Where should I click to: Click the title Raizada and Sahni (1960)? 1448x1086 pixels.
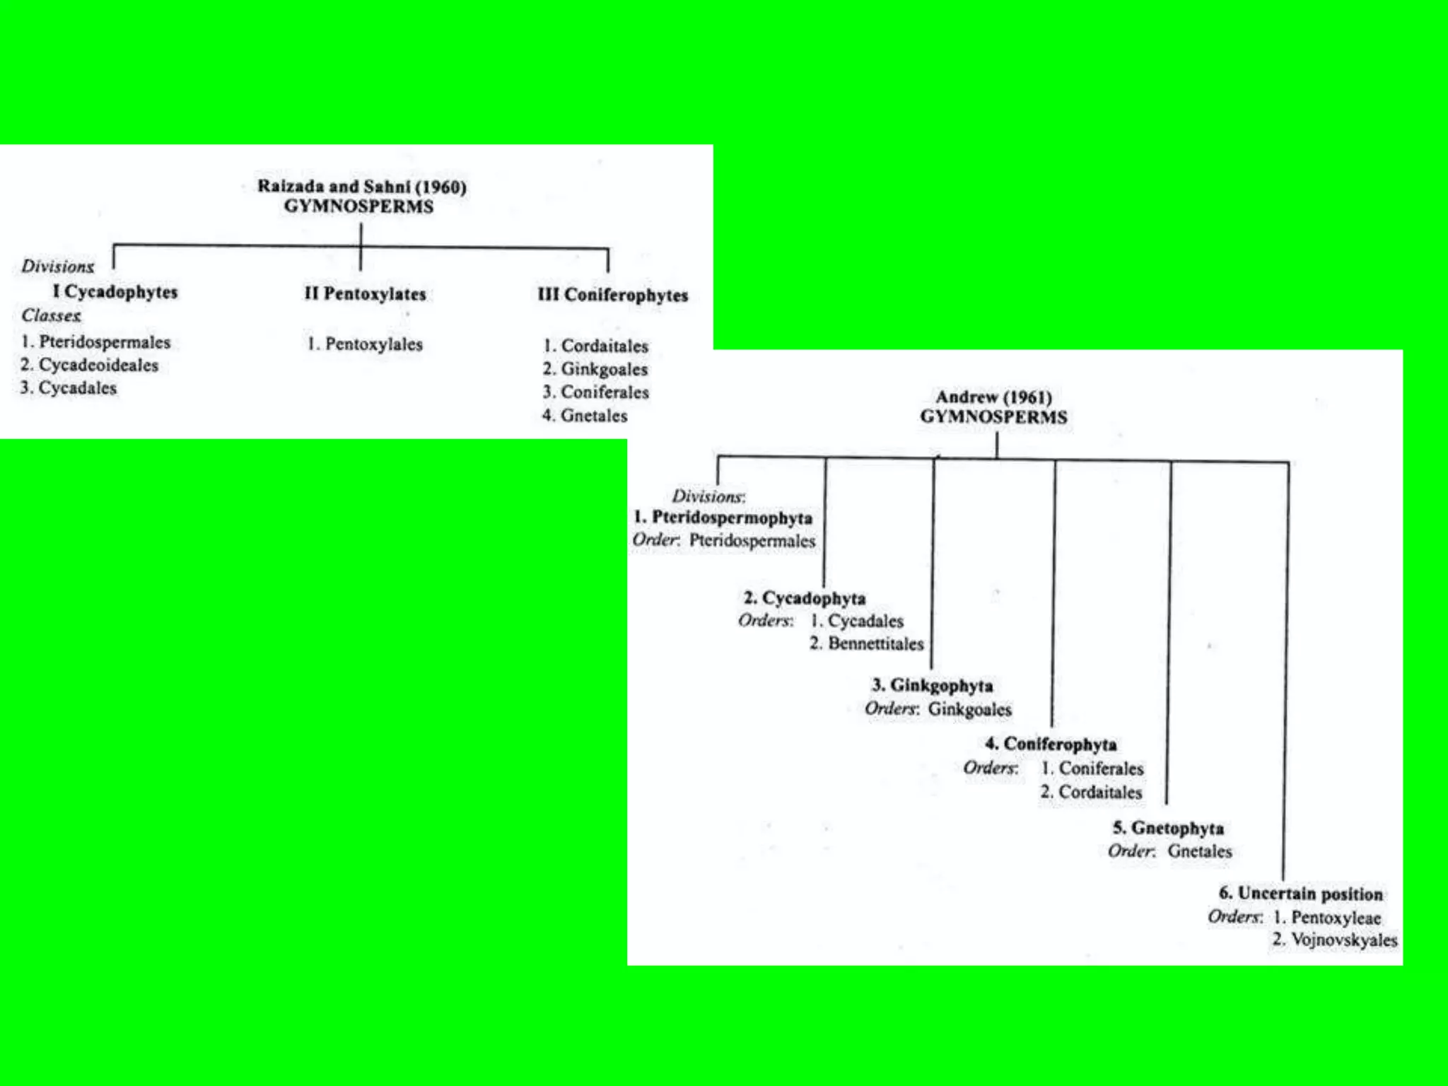click(x=361, y=187)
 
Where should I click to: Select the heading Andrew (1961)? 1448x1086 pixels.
click(x=993, y=397)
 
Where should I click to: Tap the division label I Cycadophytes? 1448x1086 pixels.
click(x=115, y=292)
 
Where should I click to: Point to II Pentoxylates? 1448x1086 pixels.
click(x=365, y=293)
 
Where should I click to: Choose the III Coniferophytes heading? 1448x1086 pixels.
click(x=612, y=295)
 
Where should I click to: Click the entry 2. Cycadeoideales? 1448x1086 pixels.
click(x=89, y=365)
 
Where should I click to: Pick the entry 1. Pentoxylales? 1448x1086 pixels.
click(x=365, y=344)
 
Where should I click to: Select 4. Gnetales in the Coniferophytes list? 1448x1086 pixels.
click(x=585, y=415)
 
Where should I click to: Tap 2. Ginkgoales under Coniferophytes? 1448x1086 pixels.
click(x=595, y=369)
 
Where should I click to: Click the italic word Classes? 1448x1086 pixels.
click(x=51, y=315)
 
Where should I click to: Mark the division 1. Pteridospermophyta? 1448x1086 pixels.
click(x=723, y=518)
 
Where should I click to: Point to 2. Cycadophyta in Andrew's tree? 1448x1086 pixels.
click(x=805, y=598)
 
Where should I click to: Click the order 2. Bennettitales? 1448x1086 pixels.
click(x=867, y=643)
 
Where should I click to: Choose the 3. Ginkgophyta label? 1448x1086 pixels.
click(x=933, y=685)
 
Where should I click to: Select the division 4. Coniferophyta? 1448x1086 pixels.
click(x=1051, y=744)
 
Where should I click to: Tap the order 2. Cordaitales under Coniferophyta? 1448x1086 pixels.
click(x=1091, y=792)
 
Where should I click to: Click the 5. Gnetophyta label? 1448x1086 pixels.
click(x=1168, y=828)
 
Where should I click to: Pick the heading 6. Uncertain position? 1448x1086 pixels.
click(x=1301, y=894)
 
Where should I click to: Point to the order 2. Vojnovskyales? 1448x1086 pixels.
click(x=1335, y=940)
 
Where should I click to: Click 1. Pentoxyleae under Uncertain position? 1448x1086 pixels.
click(x=1327, y=917)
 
